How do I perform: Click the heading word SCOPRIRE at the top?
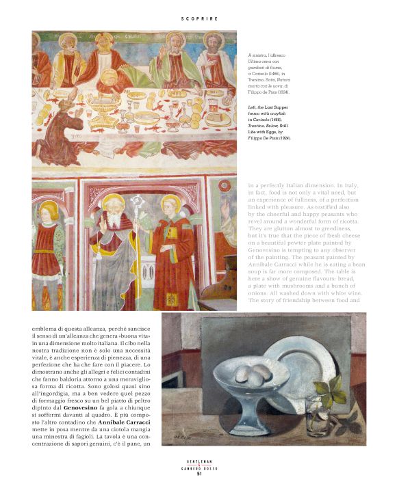(199, 18)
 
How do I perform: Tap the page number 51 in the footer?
(198, 472)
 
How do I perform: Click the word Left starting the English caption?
(253, 107)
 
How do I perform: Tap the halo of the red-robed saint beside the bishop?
(170, 204)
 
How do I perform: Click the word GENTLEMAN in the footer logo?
(198, 461)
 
